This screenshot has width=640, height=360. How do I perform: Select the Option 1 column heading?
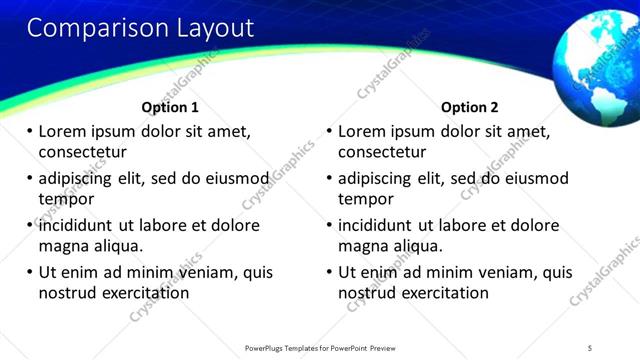coord(170,107)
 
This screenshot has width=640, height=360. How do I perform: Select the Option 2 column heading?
coord(469,107)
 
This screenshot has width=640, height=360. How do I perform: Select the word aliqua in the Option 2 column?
coord(419,246)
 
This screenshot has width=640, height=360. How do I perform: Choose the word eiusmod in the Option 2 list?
coord(534,179)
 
